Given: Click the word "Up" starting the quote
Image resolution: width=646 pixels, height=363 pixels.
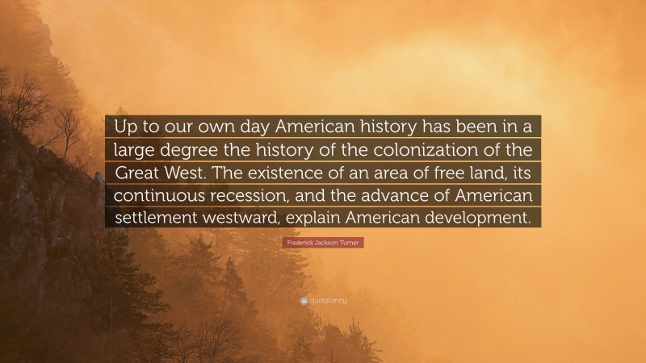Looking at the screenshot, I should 128,127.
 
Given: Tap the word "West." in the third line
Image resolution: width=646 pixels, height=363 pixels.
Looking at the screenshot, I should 198,173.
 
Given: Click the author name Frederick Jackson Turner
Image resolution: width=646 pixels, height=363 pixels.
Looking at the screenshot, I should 323,242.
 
